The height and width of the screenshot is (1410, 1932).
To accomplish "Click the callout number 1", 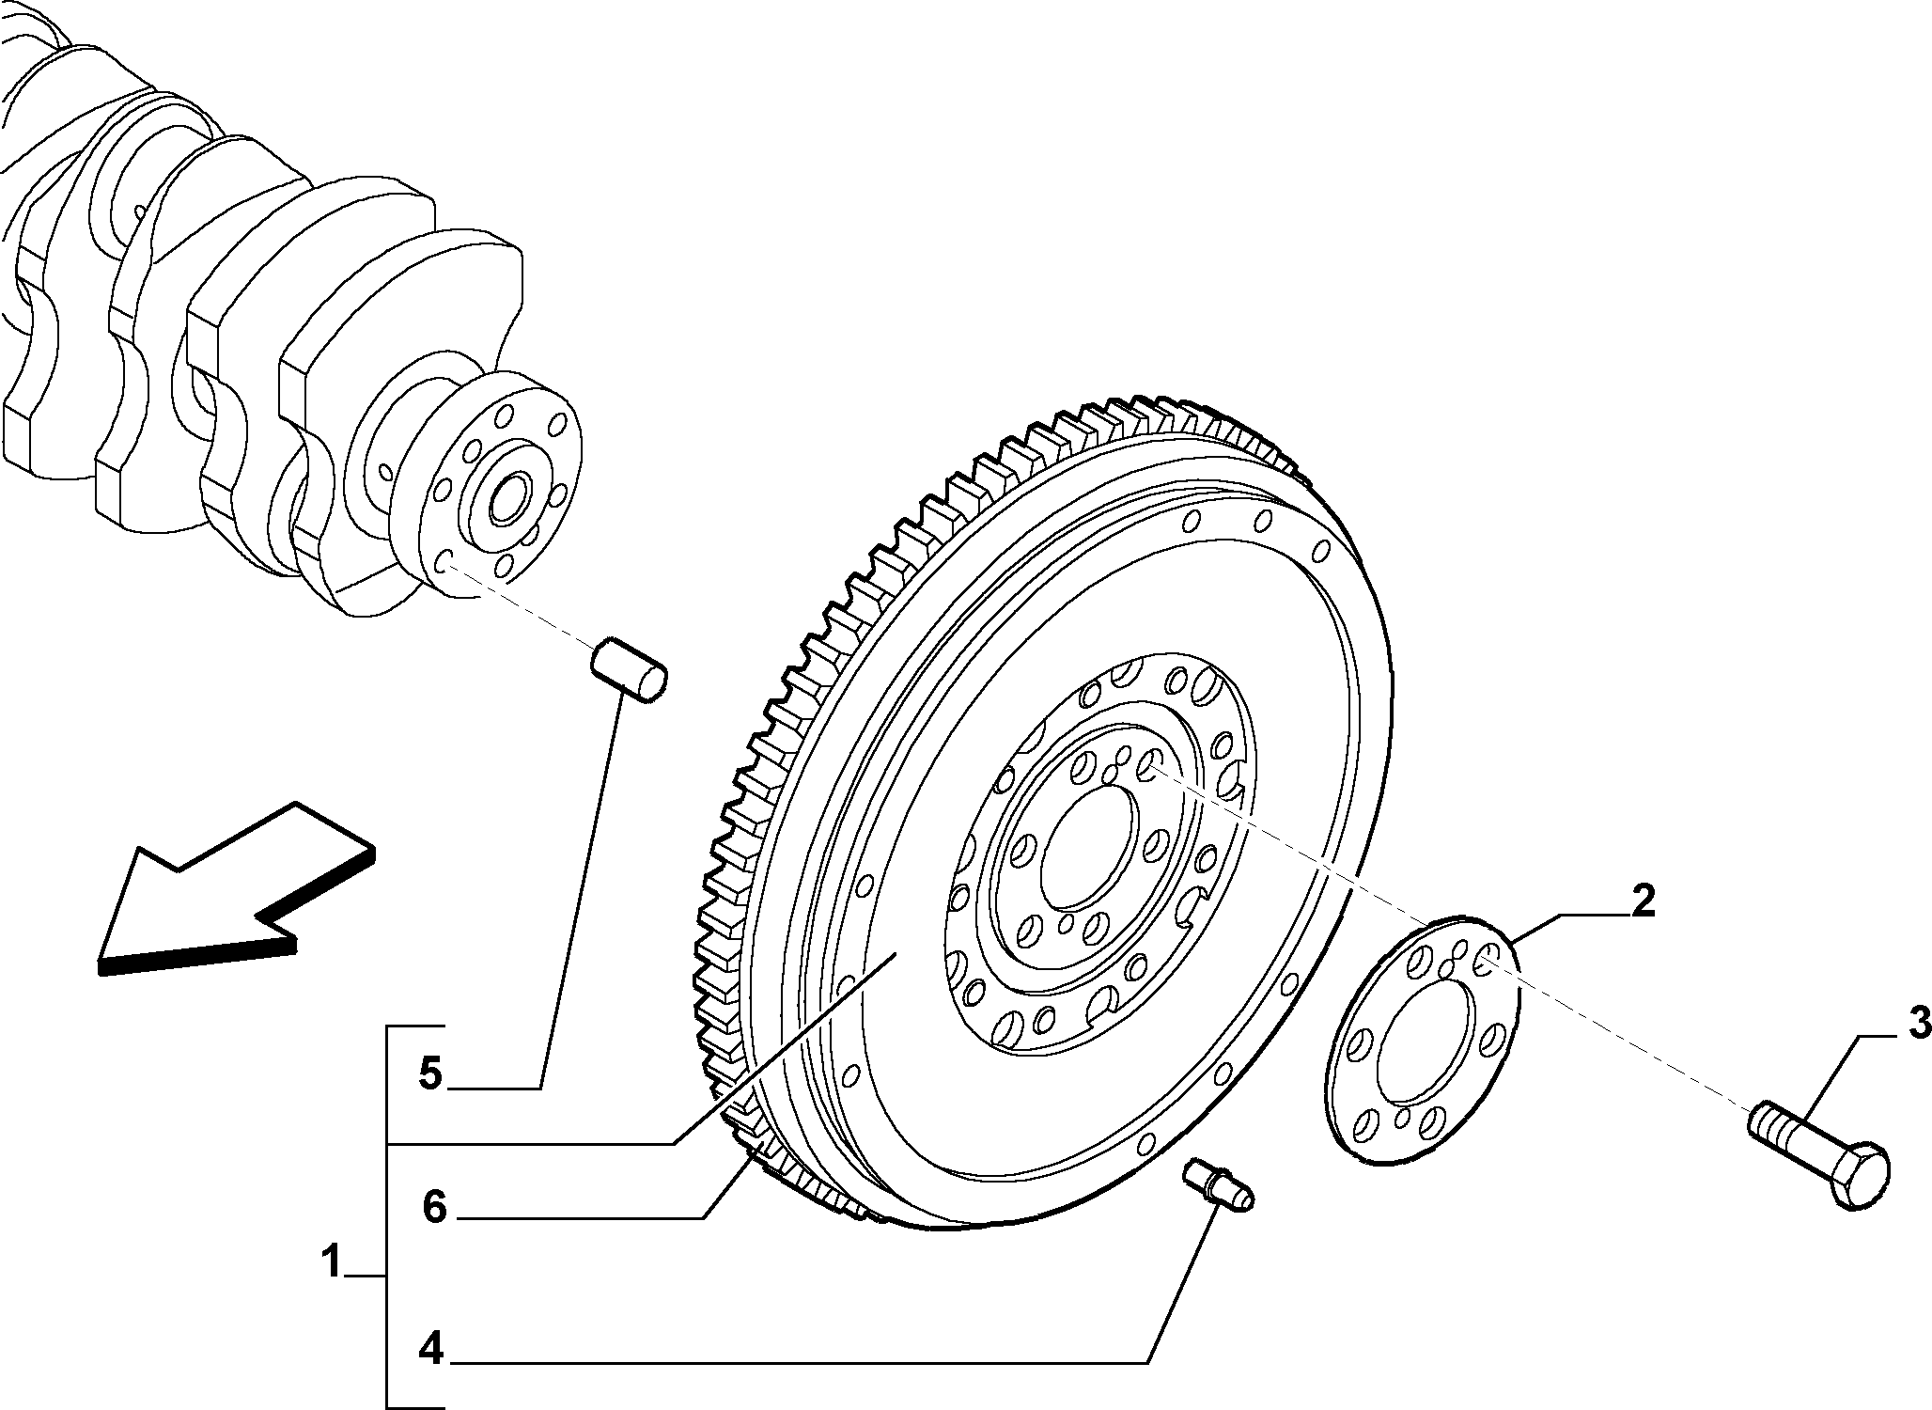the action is (331, 1261).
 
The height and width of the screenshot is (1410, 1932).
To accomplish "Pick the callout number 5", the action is (429, 1073).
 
